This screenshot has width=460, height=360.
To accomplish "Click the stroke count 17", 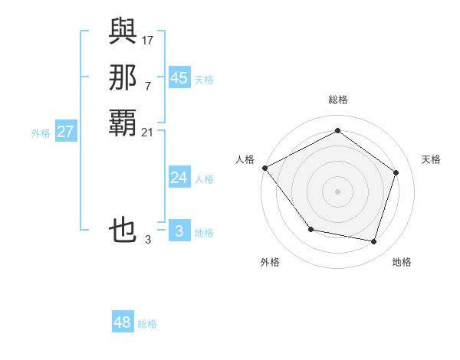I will (x=148, y=40).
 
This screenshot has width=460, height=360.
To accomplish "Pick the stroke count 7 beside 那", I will (x=148, y=86).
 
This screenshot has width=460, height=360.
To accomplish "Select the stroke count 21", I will (x=148, y=133).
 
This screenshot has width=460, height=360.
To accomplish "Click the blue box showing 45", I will (x=179, y=78).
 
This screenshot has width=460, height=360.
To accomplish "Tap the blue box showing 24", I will (x=179, y=178).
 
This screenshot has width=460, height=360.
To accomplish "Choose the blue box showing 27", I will (x=65, y=132).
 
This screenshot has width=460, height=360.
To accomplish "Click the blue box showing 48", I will (x=123, y=322).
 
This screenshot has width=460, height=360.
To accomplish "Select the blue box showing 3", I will (x=179, y=231).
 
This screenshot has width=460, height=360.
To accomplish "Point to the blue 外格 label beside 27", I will (x=41, y=133).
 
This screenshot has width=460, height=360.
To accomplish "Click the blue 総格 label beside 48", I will (x=147, y=325).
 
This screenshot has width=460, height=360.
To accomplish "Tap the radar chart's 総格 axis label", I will (x=337, y=100).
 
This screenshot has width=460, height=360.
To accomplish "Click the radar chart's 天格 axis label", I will (x=431, y=159).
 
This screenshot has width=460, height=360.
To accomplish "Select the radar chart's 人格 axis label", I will (x=245, y=159).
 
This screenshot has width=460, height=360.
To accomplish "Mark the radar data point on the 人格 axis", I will (x=265, y=168).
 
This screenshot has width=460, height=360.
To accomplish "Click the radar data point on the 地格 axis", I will (x=373, y=241).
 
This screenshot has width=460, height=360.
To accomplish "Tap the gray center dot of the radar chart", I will (x=337, y=191).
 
